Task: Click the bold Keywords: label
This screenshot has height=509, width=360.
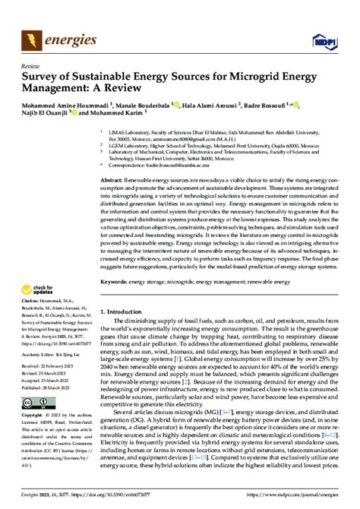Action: click(116, 281)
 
